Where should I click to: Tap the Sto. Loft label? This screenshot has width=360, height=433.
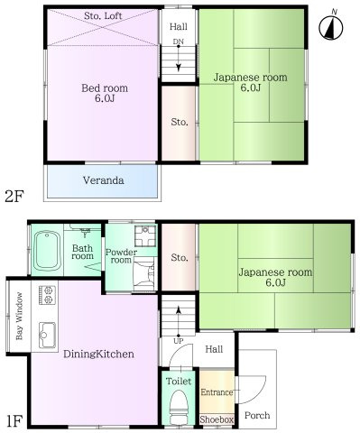103,15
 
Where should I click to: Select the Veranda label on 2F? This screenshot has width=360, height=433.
103,180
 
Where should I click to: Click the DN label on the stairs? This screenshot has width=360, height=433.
179,41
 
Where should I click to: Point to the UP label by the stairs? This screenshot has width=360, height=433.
179,341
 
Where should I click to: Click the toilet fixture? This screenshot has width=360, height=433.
179,407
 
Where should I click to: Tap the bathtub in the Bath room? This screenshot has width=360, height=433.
47,251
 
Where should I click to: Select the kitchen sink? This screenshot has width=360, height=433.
47,335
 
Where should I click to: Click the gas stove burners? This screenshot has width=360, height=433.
47,295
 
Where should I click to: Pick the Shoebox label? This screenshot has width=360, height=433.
217,419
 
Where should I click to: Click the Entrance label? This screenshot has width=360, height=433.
217,392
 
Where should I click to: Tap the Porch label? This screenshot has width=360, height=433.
257,416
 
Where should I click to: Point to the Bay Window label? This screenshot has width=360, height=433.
19,316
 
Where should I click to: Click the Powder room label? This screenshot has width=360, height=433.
121,256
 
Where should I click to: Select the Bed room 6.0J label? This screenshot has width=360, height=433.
105,93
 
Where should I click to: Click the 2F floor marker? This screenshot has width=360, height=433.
14,197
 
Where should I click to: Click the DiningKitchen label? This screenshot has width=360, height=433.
98,354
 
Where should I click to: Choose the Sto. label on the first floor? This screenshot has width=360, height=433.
180,257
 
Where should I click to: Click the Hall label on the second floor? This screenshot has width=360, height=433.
179,26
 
